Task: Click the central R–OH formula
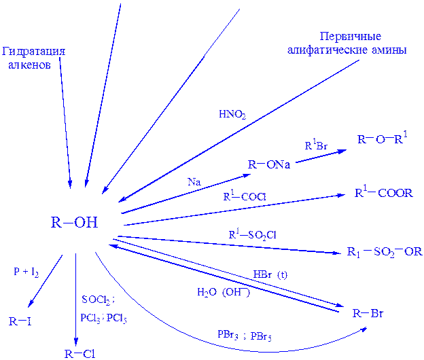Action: tap(75, 223)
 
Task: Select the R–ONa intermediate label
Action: tap(268, 164)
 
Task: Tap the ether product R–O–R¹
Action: tap(382, 141)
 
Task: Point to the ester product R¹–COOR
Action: tap(384, 194)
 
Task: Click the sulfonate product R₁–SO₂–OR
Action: tap(385, 252)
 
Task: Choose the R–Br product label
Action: tap(368, 314)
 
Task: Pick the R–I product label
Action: tap(20, 321)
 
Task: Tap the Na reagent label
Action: tap(194, 181)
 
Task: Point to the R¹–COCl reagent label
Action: tap(245, 196)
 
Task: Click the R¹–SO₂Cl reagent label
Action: tap(252, 235)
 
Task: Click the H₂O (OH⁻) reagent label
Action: tap(224, 292)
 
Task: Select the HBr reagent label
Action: tap(270, 275)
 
